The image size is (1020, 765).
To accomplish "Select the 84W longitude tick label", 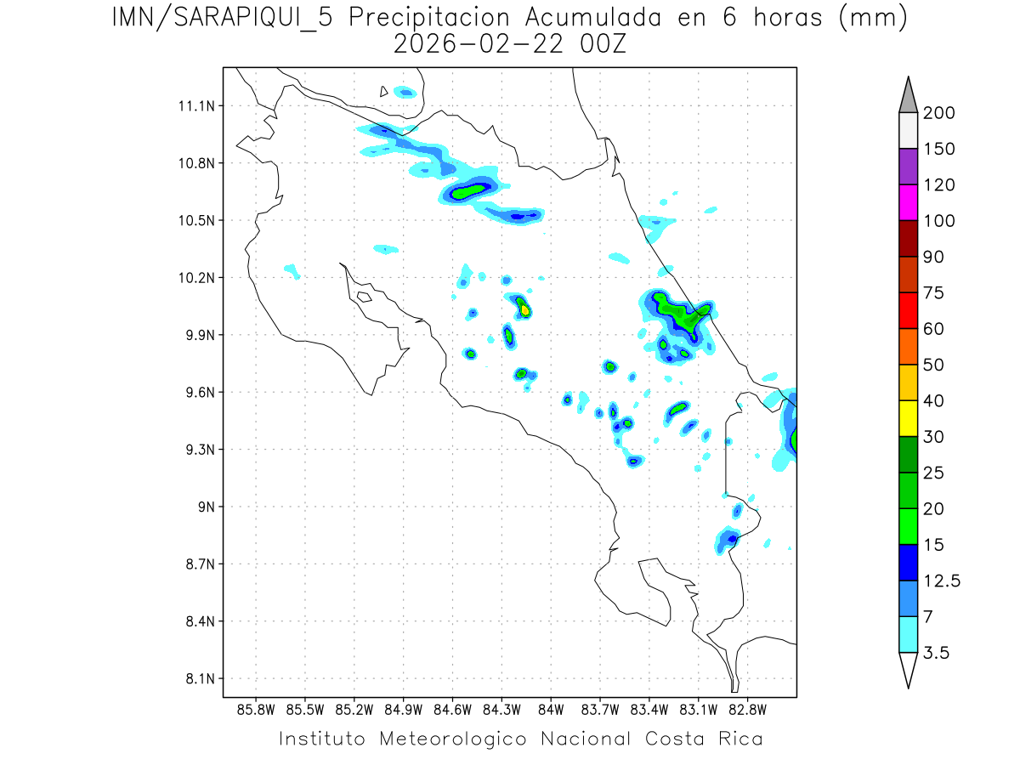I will [551, 710].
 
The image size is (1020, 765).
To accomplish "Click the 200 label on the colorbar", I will [938, 113].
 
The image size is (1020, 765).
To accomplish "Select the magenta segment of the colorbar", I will [908, 202].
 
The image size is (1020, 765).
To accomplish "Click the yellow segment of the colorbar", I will [908, 418].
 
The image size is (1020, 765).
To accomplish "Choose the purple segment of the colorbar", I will [908, 167].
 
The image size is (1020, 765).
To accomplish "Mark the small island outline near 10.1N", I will [364, 297].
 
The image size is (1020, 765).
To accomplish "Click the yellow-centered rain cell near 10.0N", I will [525, 310].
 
